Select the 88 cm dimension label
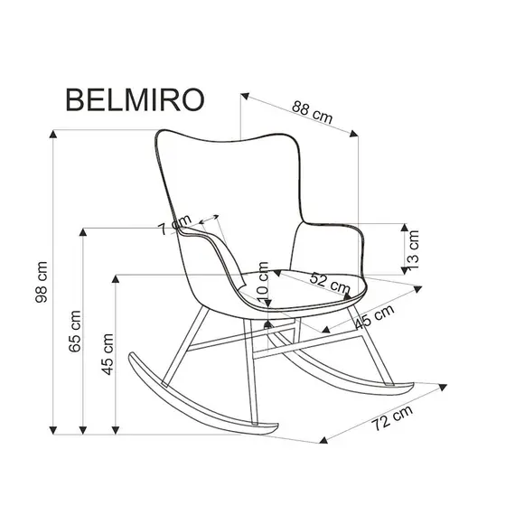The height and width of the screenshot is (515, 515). [310, 114]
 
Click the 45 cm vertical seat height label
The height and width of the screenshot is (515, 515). [108, 356]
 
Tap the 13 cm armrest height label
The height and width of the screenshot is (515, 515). [415, 246]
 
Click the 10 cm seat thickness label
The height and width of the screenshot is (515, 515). [263, 285]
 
